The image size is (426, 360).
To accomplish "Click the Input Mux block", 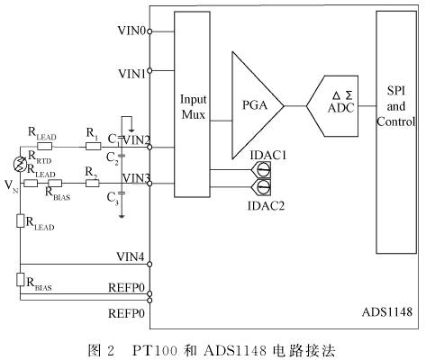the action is coord(192,104).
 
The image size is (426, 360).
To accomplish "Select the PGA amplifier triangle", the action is coord(255,105).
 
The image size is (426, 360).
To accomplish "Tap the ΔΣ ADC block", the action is coord(332,106).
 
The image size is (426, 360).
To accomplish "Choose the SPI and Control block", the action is coord(396,132).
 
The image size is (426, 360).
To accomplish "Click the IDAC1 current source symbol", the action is coord(262,170).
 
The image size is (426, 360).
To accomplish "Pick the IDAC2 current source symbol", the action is coord(262,187).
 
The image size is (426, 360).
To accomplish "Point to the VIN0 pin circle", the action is coord(150,31).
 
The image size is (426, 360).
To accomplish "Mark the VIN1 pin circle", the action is coord(150,71).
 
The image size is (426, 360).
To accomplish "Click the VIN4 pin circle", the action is coord(150,265).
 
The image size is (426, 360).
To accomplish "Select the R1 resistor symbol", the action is coord(94,147).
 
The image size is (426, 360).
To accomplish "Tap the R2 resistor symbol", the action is coord(93,183).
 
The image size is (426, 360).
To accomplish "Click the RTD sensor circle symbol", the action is coord(21,165).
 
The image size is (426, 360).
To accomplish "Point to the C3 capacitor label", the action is coord(113,198).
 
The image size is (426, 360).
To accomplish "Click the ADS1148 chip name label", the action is coord(387,312).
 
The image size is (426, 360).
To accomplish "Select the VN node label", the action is coord(12,186).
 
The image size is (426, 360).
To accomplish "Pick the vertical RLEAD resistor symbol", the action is coord(20,220).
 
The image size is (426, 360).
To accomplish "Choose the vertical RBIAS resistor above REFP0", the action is coord(20,280).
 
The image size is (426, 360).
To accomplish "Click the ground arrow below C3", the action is coord(122,216).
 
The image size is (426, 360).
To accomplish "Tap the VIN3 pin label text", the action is coord(136,178).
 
